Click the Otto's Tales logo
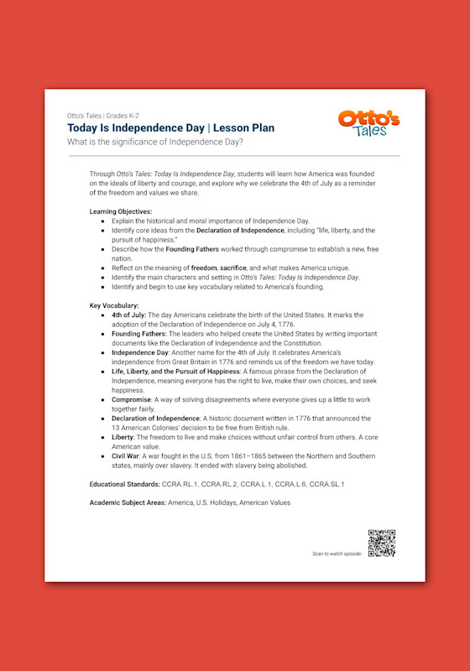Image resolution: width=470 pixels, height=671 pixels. (369, 123)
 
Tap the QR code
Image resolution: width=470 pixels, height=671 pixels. (381, 544)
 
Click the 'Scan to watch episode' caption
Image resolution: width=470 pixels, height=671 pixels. (336, 554)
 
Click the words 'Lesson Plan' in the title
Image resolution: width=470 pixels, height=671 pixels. (243, 127)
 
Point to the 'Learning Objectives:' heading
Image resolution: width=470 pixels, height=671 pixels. (121, 211)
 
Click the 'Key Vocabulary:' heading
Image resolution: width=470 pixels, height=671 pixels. (114, 306)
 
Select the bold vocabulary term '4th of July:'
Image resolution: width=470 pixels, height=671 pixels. (128, 315)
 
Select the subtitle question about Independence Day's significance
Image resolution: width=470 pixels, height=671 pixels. (155, 142)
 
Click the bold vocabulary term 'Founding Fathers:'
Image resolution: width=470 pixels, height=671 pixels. (141, 334)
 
